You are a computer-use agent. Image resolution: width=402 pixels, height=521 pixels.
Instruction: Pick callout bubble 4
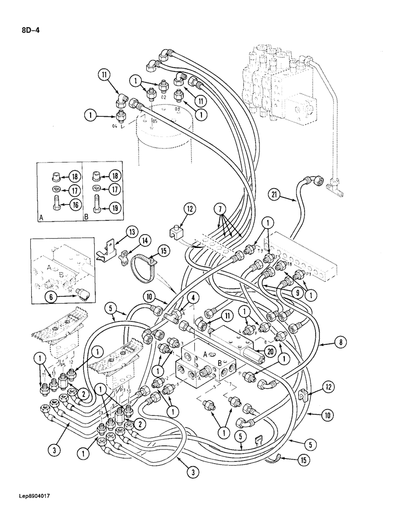[x=194, y=299]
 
